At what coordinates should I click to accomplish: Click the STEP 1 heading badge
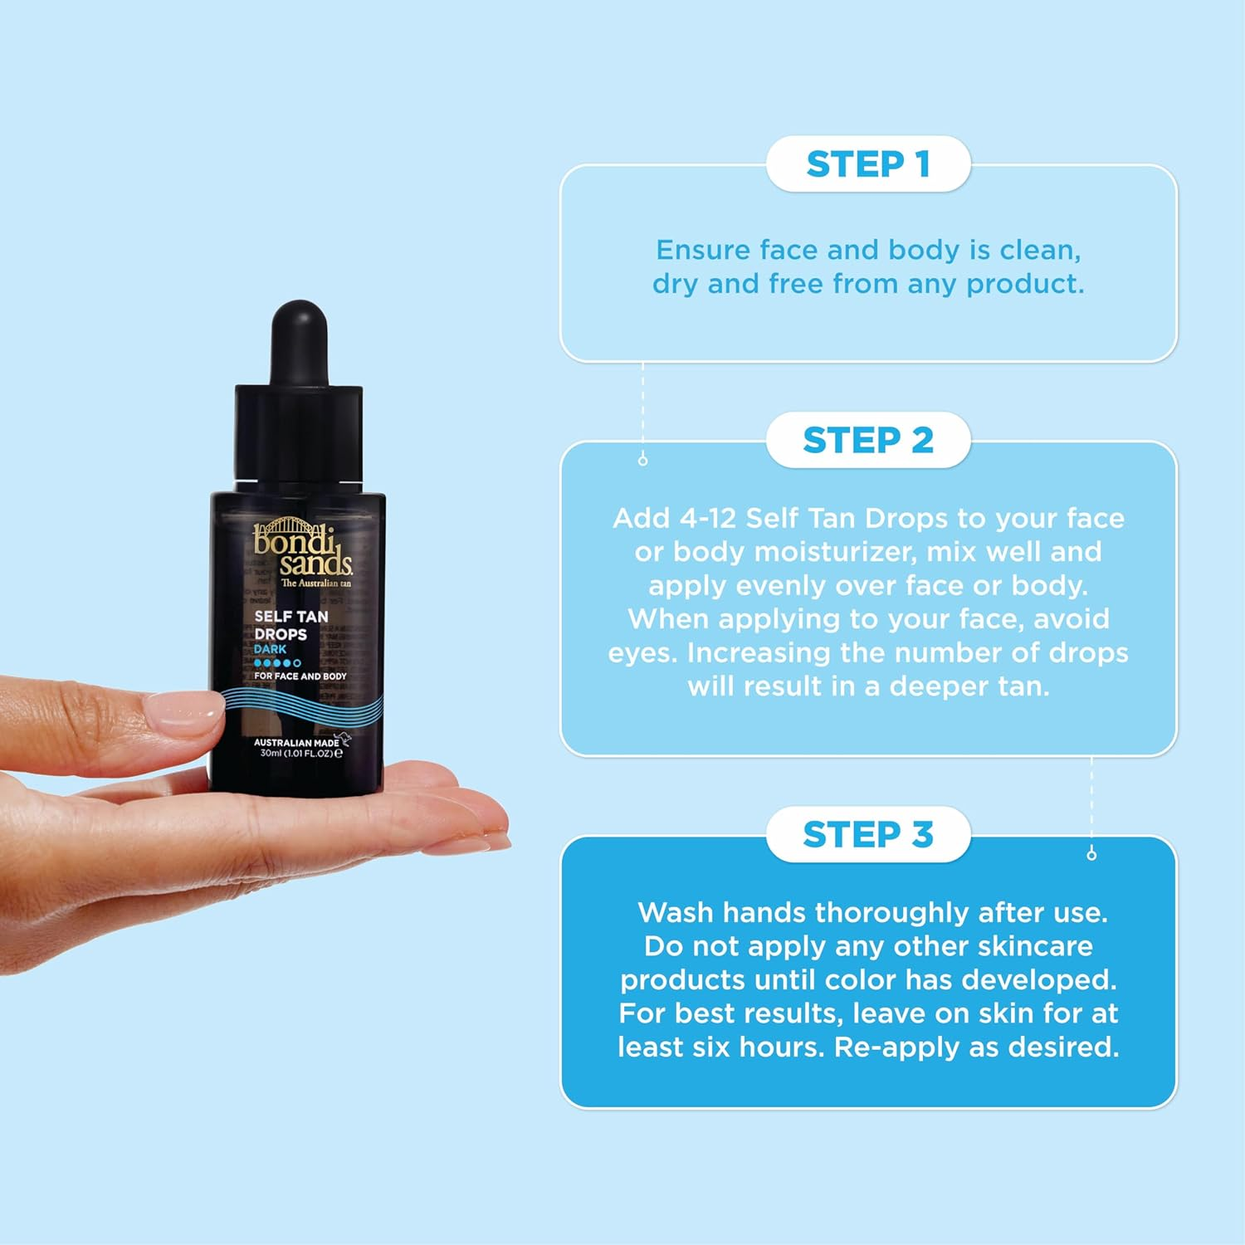(x=867, y=164)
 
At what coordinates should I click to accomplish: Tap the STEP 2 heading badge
(x=867, y=441)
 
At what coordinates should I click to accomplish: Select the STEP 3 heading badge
(x=867, y=835)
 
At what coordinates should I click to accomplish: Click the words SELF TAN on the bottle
(x=290, y=617)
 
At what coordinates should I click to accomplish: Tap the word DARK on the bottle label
(x=270, y=649)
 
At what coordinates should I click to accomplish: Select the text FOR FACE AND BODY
(x=300, y=676)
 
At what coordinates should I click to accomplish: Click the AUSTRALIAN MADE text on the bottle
(x=295, y=743)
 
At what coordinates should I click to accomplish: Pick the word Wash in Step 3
(x=676, y=913)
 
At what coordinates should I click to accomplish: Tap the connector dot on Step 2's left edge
(x=642, y=460)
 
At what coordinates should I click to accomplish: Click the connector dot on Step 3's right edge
(x=1091, y=854)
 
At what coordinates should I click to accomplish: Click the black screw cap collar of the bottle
(x=299, y=432)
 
